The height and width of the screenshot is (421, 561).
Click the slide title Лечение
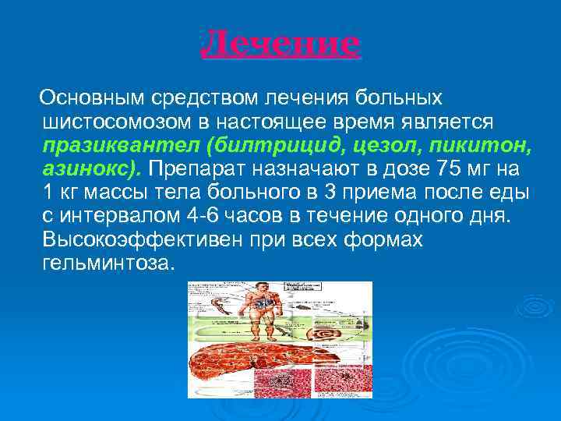tap(280, 45)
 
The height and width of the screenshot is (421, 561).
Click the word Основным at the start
tap(93, 98)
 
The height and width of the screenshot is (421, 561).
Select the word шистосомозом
tap(101, 122)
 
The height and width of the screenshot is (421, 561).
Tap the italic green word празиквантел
tap(106, 146)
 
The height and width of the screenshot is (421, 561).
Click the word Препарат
tap(192, 169)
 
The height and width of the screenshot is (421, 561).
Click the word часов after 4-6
tap(259, 216)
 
